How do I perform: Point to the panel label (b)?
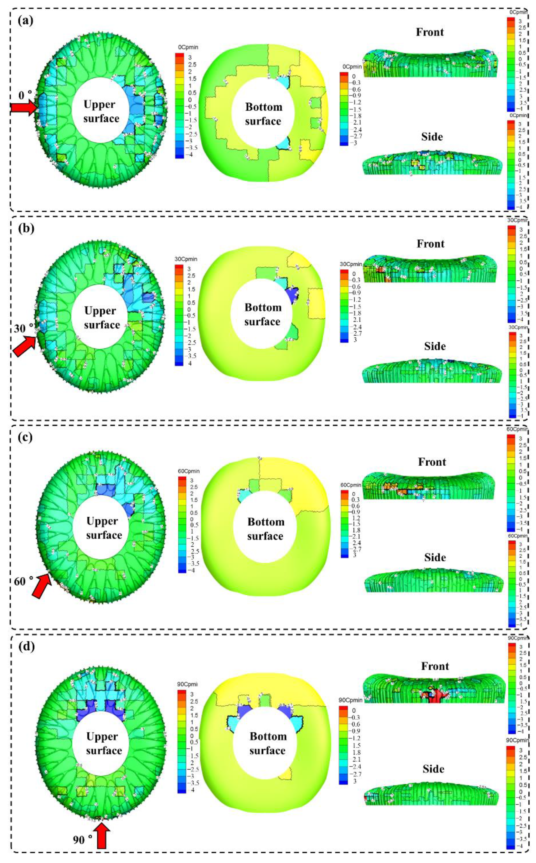tap(26, 228)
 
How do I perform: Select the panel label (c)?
tap(26, 437)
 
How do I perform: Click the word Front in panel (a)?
tap(430, 32)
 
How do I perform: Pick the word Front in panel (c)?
tap(432, 461)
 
